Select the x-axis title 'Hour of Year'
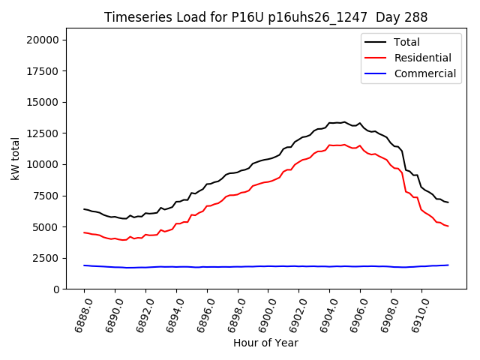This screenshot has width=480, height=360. [x=265, y=343]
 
